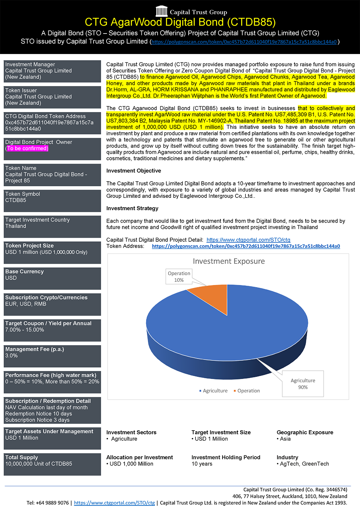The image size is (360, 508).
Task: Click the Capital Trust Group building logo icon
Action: click(162, 11)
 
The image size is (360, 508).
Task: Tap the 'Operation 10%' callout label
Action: click(179, 277)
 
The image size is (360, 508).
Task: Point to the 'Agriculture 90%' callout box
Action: click(303, 384)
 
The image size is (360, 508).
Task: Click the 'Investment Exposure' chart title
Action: click(229, 261)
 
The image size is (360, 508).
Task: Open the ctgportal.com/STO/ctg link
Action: click(248, 240)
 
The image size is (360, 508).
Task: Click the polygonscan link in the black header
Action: click(244, 42)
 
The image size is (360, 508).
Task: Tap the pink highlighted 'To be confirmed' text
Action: click(27, 148)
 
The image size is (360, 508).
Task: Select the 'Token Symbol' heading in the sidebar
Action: click(22, 194)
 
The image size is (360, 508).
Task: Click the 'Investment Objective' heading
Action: click(134, 171)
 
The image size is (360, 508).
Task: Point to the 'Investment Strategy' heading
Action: click(132, 208)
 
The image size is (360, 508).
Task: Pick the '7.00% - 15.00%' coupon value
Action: click(24, 330)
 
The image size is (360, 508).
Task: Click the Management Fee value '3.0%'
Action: click(11, 356)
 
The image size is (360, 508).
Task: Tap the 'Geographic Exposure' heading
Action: click(305, 432)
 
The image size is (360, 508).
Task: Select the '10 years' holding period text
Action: click(202, 464)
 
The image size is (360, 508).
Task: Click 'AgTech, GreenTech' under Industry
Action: click(304, 464)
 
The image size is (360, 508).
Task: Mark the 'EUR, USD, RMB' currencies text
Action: click(26, 304)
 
